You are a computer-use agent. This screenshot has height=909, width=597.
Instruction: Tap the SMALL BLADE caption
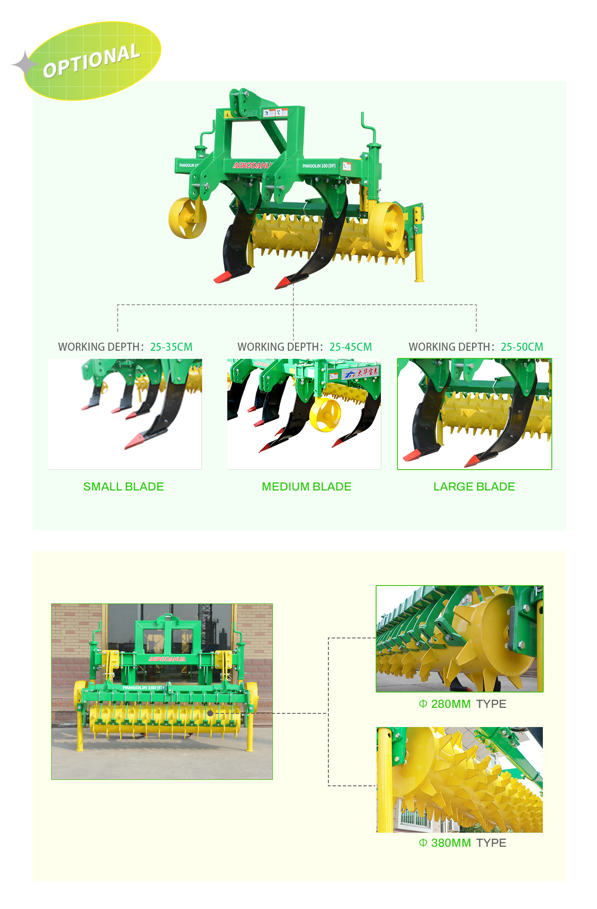point(124,487)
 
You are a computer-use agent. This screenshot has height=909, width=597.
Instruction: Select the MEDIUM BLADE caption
point(307,487)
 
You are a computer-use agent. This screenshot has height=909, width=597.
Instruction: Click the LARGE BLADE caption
point(474,487)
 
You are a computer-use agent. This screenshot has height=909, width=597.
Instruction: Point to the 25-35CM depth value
point(171,347)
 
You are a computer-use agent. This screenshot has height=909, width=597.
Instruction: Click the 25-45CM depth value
point(351,347)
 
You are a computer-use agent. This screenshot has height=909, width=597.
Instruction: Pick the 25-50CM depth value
point(522,347)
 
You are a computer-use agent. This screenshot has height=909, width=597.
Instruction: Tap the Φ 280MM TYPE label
point(462,704)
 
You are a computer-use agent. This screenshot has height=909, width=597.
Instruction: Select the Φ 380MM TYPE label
point(462,843)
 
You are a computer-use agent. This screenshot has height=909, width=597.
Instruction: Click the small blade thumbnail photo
point(125,414)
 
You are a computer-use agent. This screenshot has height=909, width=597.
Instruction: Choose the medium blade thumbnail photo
point(304,414)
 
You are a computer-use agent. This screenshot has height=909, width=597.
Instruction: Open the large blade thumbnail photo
point(475,414)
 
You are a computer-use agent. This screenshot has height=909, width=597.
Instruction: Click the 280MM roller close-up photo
point(460,638)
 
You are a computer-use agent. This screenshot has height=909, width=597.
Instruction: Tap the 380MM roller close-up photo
point(460,780)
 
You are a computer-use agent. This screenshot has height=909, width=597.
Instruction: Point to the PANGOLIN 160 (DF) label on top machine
point(319,166)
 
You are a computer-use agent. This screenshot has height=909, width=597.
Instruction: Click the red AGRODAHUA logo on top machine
point(252,165)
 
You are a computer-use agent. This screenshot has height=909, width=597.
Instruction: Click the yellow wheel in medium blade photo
point(325,415)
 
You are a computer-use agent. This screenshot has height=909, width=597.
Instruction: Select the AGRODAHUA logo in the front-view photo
point(167,659)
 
